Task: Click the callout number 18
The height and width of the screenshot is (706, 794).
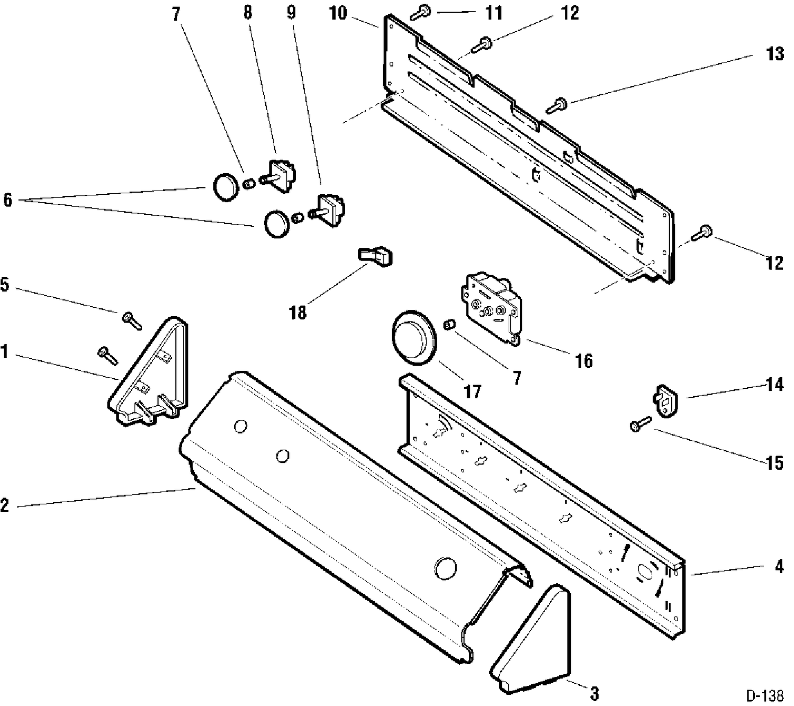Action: tap(297, 312)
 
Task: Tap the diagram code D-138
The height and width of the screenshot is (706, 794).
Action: tap(764, 695)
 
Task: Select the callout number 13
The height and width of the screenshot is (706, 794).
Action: tap(775, 53)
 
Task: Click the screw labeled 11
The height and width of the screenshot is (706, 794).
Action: tap(420, 12)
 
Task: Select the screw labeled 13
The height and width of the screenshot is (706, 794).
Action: tap(557, 105)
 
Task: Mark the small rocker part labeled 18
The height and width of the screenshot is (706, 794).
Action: tap(375, 256)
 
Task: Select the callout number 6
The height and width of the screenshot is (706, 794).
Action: tap(8, 200)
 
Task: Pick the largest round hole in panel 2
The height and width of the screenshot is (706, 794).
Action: tap(446, 568)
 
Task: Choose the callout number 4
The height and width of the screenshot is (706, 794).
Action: tap(779, 566)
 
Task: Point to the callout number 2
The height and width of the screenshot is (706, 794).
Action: tap(5, 505)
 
